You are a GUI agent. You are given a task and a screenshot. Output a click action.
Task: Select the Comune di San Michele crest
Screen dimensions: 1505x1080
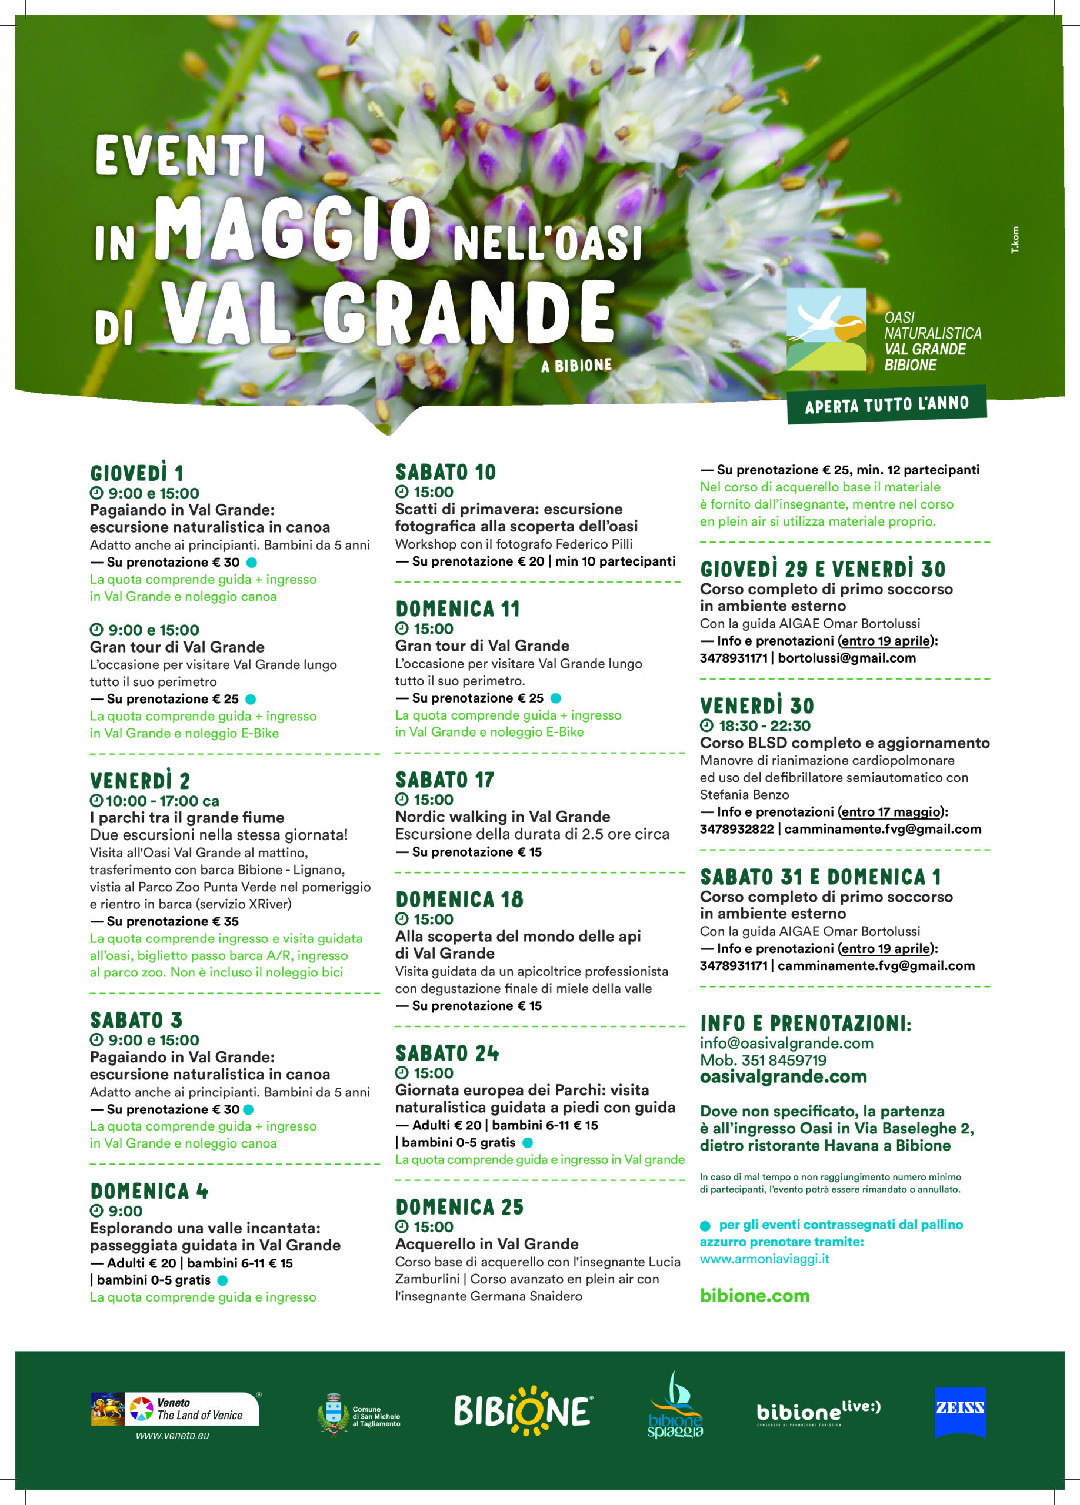(x=333, y=1414)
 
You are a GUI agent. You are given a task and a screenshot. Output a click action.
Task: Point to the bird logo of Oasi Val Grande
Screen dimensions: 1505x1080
(x=826, y=329)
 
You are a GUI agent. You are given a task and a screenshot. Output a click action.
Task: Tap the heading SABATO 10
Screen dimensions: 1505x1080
(x=445, y=473)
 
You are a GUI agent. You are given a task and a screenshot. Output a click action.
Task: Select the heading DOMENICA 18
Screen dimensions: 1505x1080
(x=459, y=899)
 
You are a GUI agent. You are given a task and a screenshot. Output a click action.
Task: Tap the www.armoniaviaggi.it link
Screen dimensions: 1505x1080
(x=764, y=1259)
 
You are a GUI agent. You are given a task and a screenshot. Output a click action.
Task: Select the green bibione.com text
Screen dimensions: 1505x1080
(x=755, y=1295)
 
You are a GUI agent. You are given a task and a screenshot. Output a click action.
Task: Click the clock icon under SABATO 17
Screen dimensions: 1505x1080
(x=401, y=800)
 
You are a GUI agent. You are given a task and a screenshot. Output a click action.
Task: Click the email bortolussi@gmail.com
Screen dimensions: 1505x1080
(x=846, y=658)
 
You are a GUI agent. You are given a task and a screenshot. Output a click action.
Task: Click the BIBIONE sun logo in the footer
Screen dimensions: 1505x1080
(x=522, y=1411)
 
